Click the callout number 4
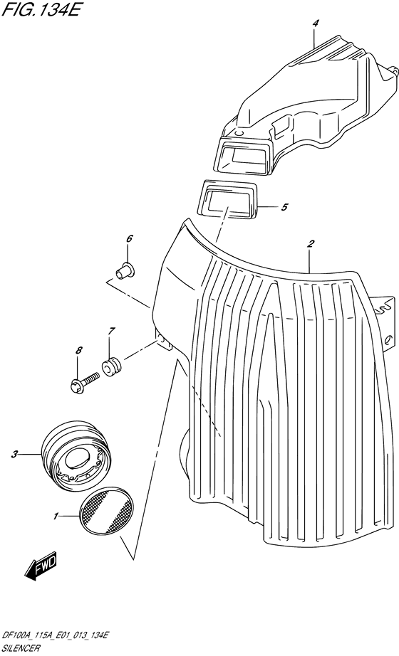coord(315,24)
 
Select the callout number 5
coord(284,206)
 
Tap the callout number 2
coord(311,243)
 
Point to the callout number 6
coord(129,239)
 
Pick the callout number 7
coord(110,332)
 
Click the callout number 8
coord(78,351)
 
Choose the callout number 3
coord(15,454)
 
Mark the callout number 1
coord(56,517)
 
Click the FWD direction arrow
coord(41,568)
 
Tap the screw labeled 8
coord(84,381)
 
